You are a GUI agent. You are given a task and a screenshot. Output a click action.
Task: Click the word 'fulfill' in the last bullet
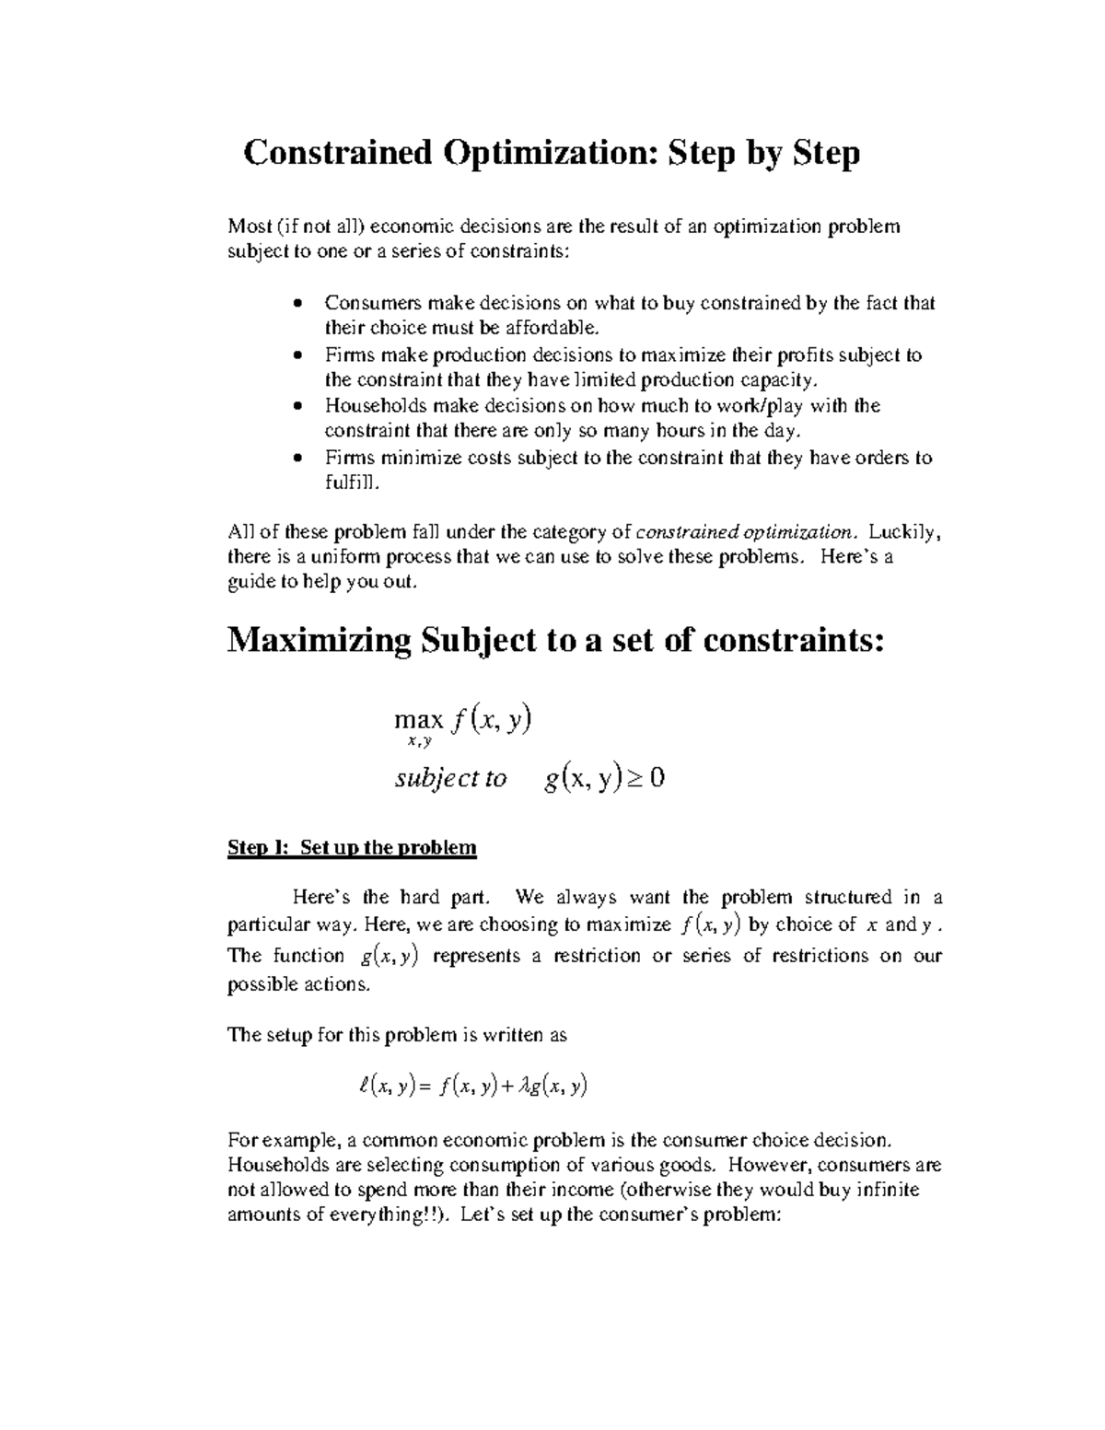[350, 482]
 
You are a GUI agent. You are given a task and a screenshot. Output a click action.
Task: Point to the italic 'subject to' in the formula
[450, 779]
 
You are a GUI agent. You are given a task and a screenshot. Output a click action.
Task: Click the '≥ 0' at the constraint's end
[645, 779]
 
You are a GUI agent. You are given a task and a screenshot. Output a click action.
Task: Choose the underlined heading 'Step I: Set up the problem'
[352, 848]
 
